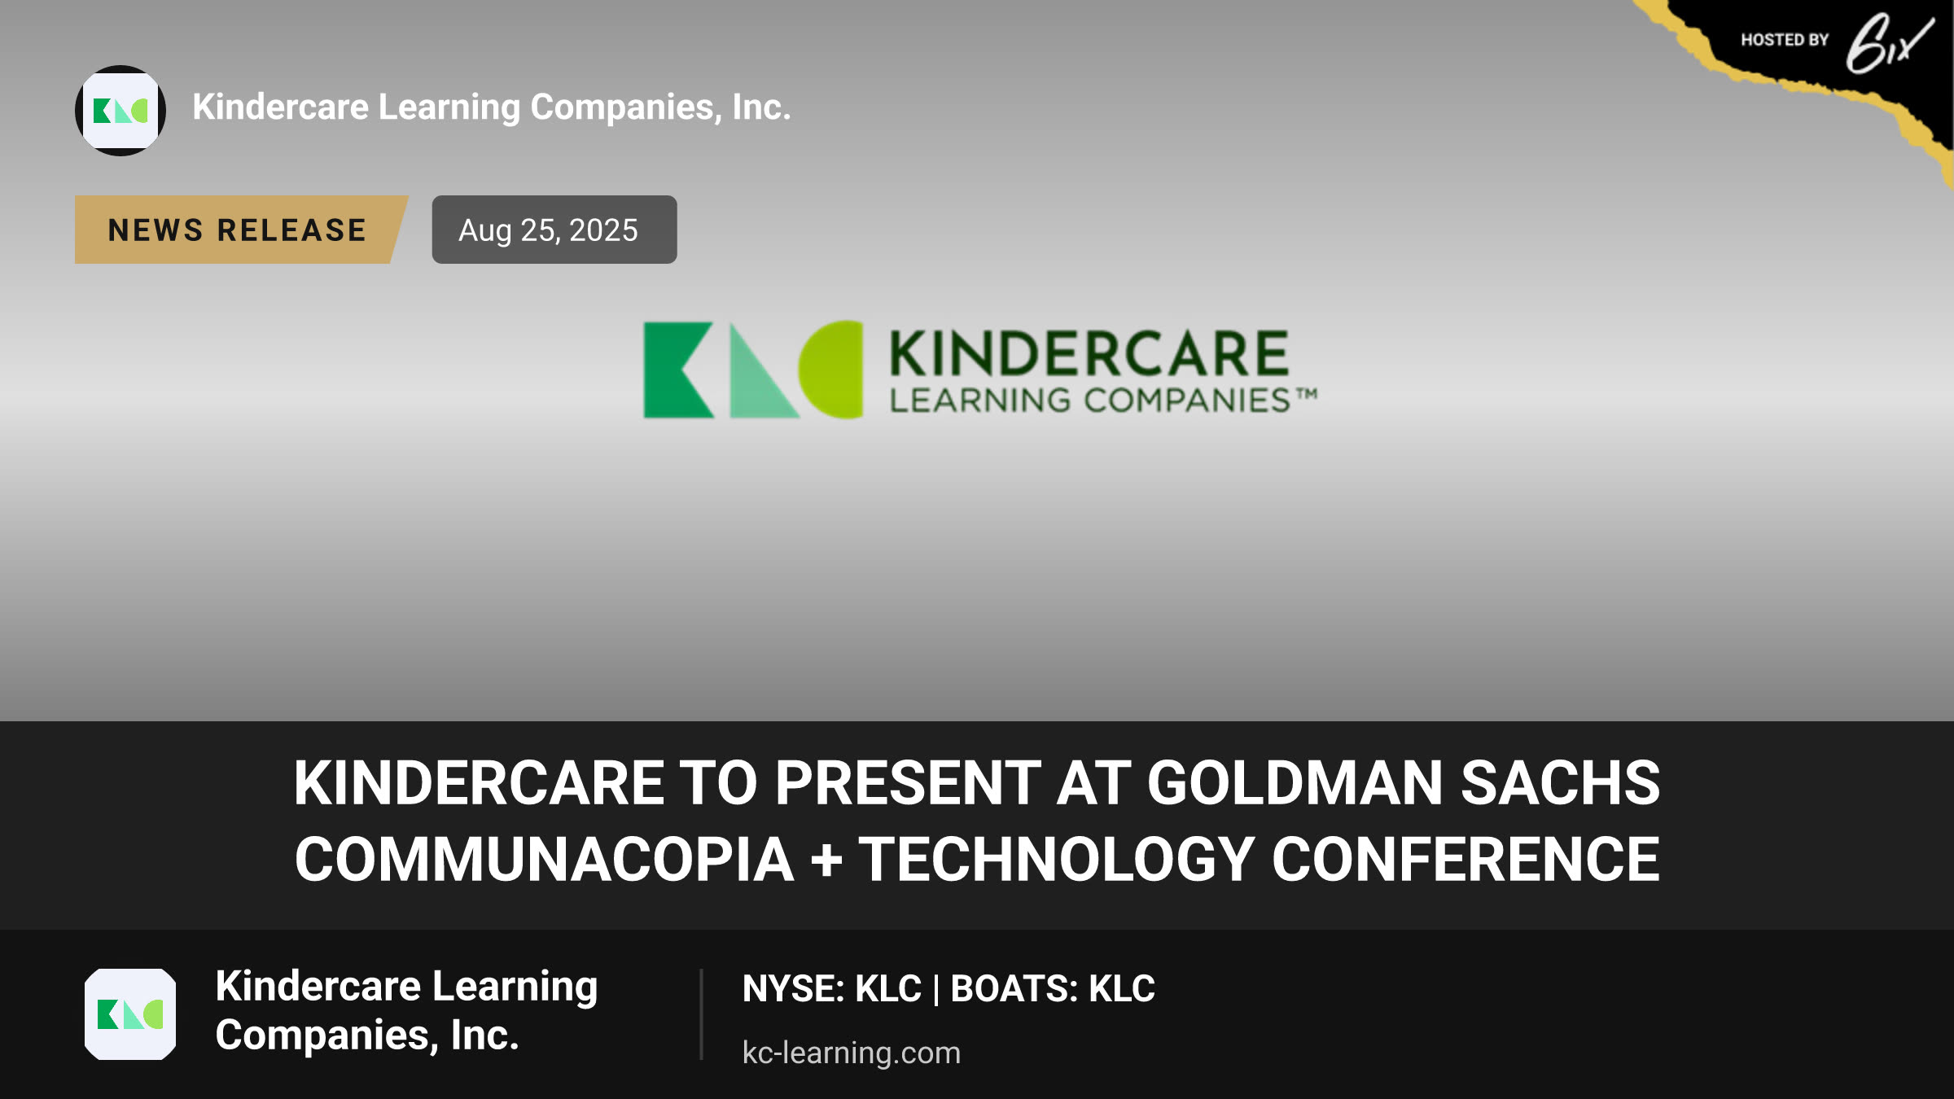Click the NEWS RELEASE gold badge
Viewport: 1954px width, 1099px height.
point(240,230)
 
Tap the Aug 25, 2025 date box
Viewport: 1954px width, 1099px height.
point(554,230)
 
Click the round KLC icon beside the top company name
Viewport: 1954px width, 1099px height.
point(120,111)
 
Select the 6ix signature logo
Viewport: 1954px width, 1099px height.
point(1890,43)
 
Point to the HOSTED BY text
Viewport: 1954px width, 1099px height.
point(1785,40)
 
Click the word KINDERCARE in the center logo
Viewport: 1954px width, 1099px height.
point(1089,353)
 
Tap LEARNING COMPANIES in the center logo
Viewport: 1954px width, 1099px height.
point(1090,401)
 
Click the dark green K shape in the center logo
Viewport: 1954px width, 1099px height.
point(678,370)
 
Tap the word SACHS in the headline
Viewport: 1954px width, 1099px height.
point(1560,783)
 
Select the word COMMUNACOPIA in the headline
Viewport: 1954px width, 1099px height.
point(544,860)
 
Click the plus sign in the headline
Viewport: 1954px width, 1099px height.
point(826,860)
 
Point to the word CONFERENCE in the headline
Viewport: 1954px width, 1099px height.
point(1465,860)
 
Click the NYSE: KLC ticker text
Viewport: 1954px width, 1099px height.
point(831,989)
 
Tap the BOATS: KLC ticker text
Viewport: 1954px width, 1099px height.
point(1053,989)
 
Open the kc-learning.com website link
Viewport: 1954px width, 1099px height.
point(852,1053)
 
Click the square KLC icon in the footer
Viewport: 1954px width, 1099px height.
point(130,1014)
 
